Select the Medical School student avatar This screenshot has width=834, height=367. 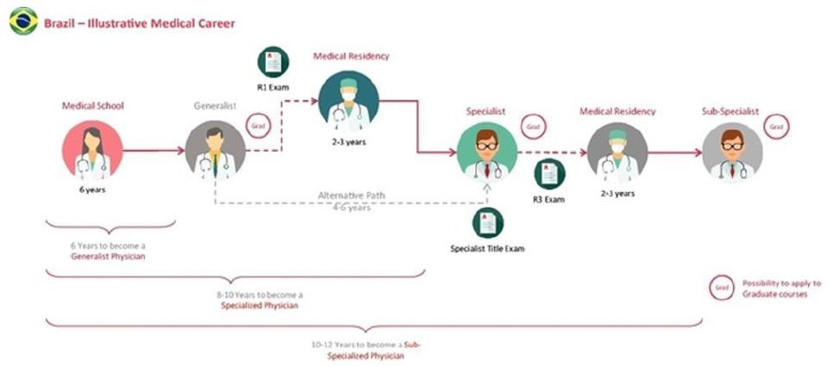(92, 150)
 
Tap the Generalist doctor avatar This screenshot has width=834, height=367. (215, 150)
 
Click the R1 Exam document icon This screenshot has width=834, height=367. (273, 62)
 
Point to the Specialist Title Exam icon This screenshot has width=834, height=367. (486, 223)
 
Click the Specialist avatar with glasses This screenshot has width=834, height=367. (487, 150)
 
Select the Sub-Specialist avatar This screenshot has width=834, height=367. (732, 152)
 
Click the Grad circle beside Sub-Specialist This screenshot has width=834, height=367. (776, 125)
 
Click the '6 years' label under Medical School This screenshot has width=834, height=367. (92, 190)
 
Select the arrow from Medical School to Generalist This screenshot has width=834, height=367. (154, 151)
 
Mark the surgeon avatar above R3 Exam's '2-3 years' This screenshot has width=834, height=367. (617, 152)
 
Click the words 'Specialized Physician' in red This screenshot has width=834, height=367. (260, 306)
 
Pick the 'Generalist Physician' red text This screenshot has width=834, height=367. (110, 257)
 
